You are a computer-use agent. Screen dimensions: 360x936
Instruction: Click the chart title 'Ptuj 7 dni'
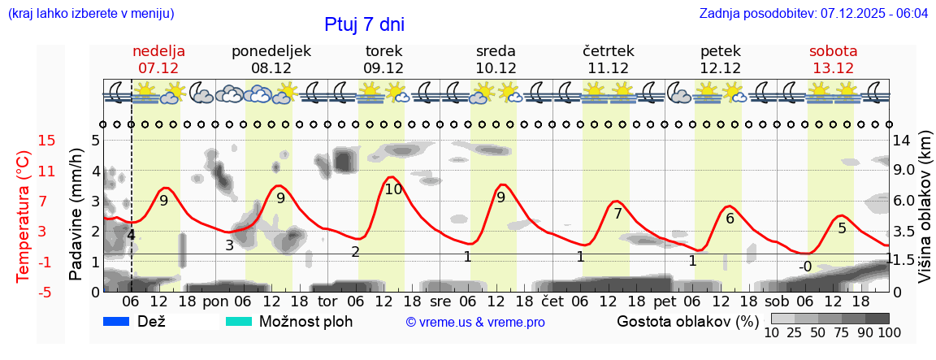pyautogui.click(x=364, y=24)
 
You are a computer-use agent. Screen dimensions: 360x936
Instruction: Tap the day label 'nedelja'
pyautogui.click(x=159, y=51)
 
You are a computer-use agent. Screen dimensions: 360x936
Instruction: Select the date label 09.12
pyautogui.click(x=383, y=68)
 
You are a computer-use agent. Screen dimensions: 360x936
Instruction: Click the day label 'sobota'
pyautogui.click(x=833, y=51)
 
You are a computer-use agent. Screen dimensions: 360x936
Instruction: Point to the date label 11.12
pyautogui.click(x=608, y=68)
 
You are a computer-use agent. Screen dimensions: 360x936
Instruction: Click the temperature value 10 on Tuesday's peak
pyautogui.click(x=393, y=189)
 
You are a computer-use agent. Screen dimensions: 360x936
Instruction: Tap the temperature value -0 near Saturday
pyautogui.click(x=805, y=267)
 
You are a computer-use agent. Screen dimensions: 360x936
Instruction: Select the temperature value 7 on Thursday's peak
pyautogui.click(x=617, y=215)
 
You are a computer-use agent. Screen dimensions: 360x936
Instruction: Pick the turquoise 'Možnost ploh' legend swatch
pyautogui.click(x=239, y=322)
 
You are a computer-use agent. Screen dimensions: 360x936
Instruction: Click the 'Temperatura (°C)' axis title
pyautogui.click(x=23, y=216)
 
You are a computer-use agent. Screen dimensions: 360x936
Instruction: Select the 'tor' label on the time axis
pyautogui.click(x=327, y=301)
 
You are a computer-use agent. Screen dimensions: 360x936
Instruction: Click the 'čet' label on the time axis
pyautogui.click(x=552, y=301)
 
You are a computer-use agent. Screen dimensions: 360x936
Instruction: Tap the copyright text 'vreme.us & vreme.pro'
pyautogui.click(x=475, y=323)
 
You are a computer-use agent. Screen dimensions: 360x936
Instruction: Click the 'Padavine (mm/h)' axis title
pyautogui.click(x=76, y=214)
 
